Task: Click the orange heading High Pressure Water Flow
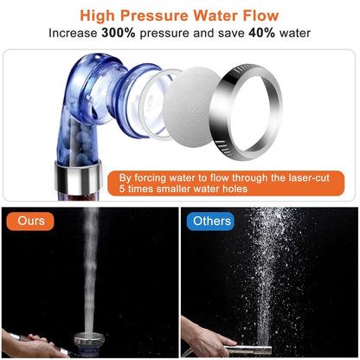(x=179, y=15)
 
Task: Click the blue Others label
(x=212, y=222)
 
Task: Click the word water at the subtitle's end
(x=291, y=33)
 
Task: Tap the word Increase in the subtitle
(x=75, y=33)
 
